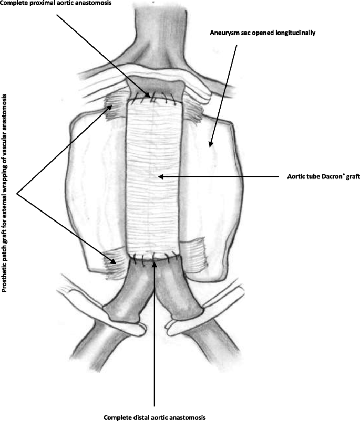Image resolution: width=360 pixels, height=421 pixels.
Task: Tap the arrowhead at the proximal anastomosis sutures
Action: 152,96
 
